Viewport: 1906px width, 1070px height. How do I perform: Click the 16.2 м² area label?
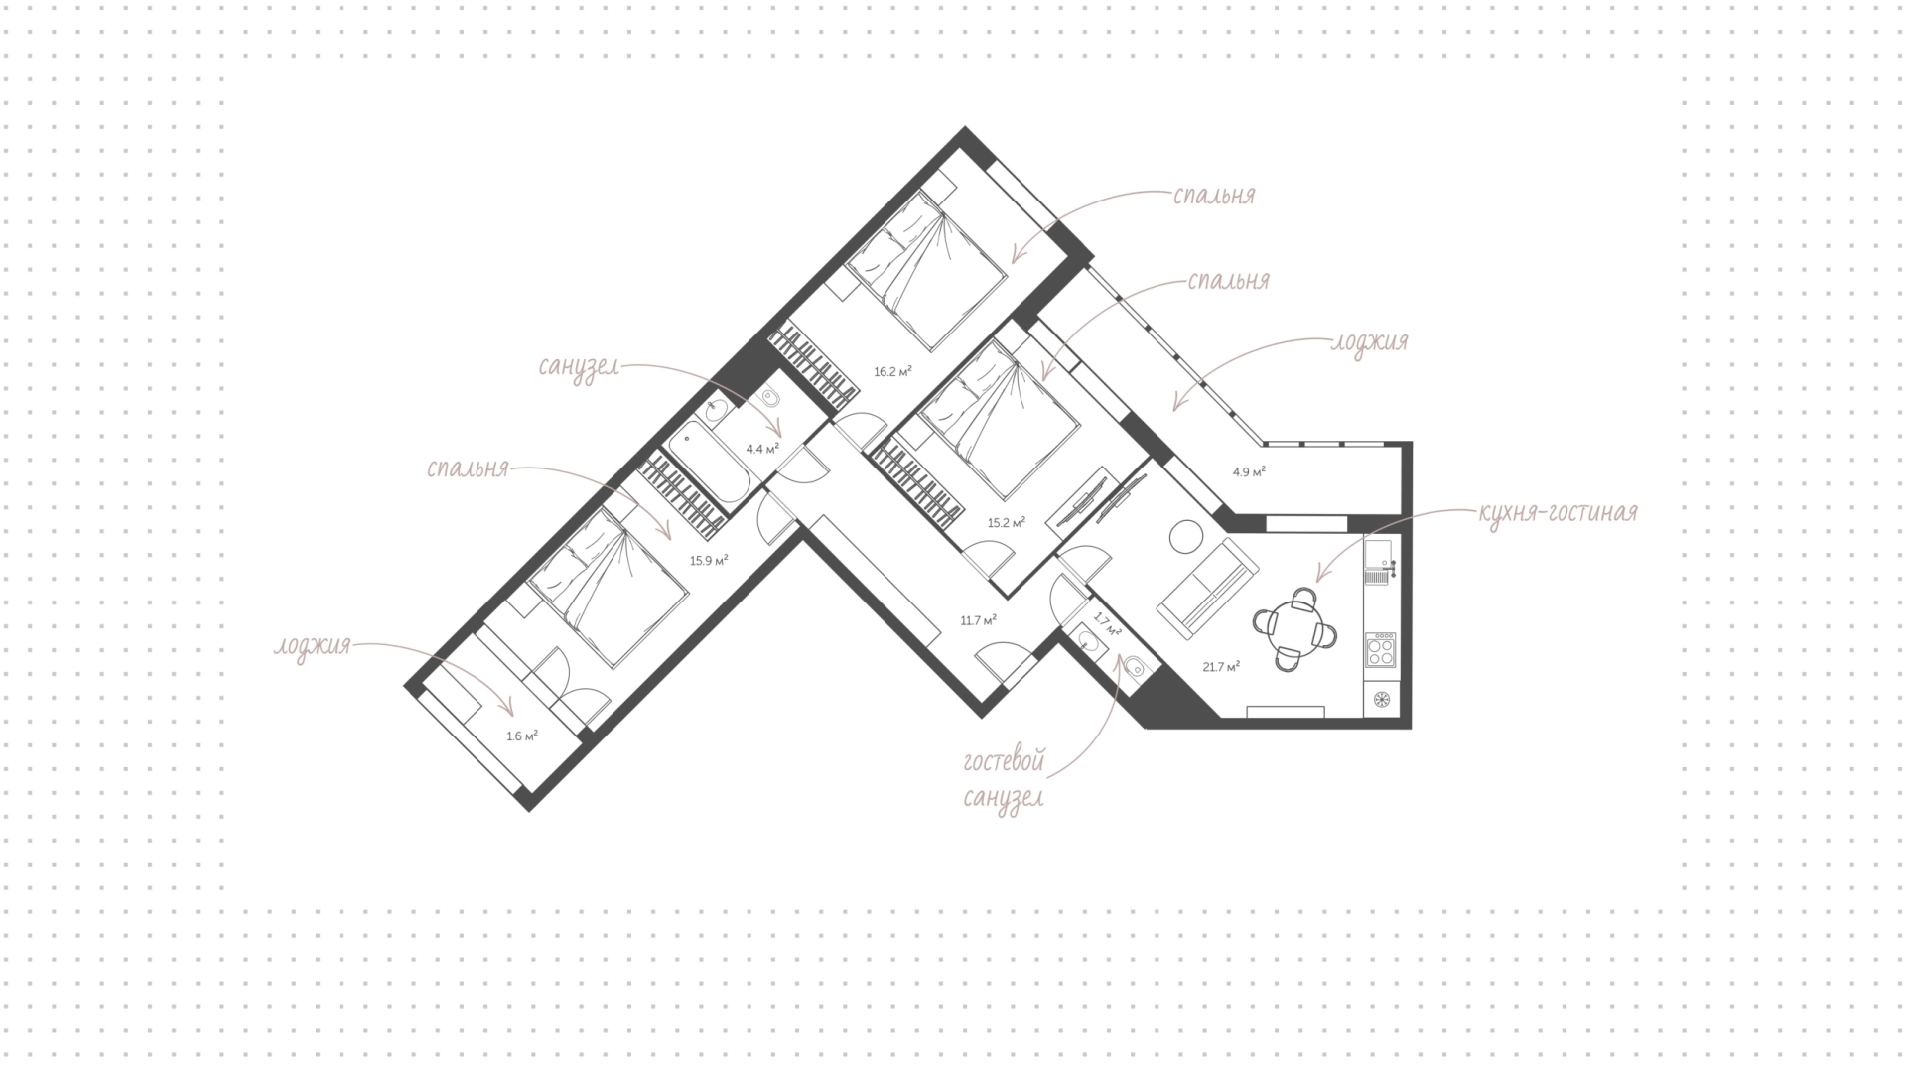click(892, 372)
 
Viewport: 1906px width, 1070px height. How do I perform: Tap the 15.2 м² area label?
click(1007, 522)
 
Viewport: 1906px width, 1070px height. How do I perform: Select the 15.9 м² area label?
click(710, 560)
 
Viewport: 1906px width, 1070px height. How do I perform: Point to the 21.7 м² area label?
click(1221, 667)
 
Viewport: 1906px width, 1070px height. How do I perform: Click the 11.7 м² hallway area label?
click(978, 620)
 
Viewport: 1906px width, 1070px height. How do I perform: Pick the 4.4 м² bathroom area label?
click(762, 449)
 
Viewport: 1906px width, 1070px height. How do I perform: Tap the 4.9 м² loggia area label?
click(1249, 472)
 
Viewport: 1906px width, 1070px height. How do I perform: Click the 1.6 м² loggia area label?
click(522, 736)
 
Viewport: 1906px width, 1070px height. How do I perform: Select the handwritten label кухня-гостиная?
click(1557, 513)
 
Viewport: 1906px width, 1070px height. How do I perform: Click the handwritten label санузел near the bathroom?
click(579, 366)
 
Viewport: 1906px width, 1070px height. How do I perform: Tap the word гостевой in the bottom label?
click(1004, 763)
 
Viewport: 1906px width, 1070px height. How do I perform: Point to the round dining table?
click(1294, 628)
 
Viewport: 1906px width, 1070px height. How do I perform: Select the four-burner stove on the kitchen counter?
click(1381, 650)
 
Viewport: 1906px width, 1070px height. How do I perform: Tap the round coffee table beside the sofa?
click(1185, 538)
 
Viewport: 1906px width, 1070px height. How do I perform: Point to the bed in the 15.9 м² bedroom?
click(608, 587)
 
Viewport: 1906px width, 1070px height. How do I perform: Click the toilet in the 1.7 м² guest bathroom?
click(1133, 666)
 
